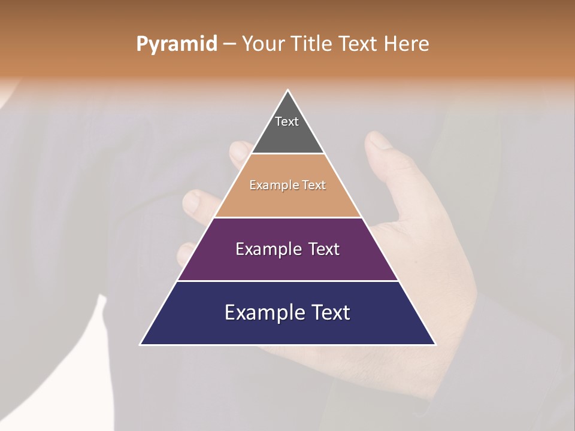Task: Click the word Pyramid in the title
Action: pyautogui.click(x=176, y=44)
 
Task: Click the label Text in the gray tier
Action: pyautogui.click(x=286, y=122)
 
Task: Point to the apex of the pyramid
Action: pyautogui.click(x=287, y=90)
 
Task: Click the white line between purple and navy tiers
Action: pyautogui.click(x=287, y=281)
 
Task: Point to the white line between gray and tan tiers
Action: pyautogui.click(x=287, y=153)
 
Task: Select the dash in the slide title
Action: pyautogui.click(x=229, y=44)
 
